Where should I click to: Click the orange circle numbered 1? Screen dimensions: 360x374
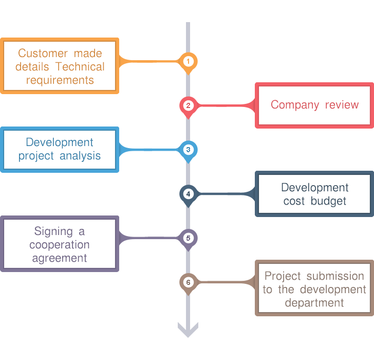(x=189, y=61)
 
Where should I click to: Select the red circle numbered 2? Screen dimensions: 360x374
(x=189, y=106)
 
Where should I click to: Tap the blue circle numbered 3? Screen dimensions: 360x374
(x=189, y=150)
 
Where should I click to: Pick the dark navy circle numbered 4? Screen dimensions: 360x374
(x=189, y=194)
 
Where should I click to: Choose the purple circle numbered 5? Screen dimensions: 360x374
(x=189, y=238)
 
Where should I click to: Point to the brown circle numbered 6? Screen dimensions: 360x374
(x=189, y=282)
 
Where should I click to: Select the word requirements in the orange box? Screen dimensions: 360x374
(x=60, y=80)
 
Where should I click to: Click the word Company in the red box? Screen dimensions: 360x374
(x=295, y=105)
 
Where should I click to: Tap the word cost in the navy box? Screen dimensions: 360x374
(x=294, y=201)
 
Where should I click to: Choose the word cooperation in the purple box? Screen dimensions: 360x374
(x=60, y=245)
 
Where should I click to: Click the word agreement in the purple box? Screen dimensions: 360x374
(x=60, y=258)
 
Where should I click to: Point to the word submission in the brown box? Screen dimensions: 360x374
(x=335, y=276)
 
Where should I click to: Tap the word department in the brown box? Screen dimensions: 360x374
(x=314, y=303)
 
